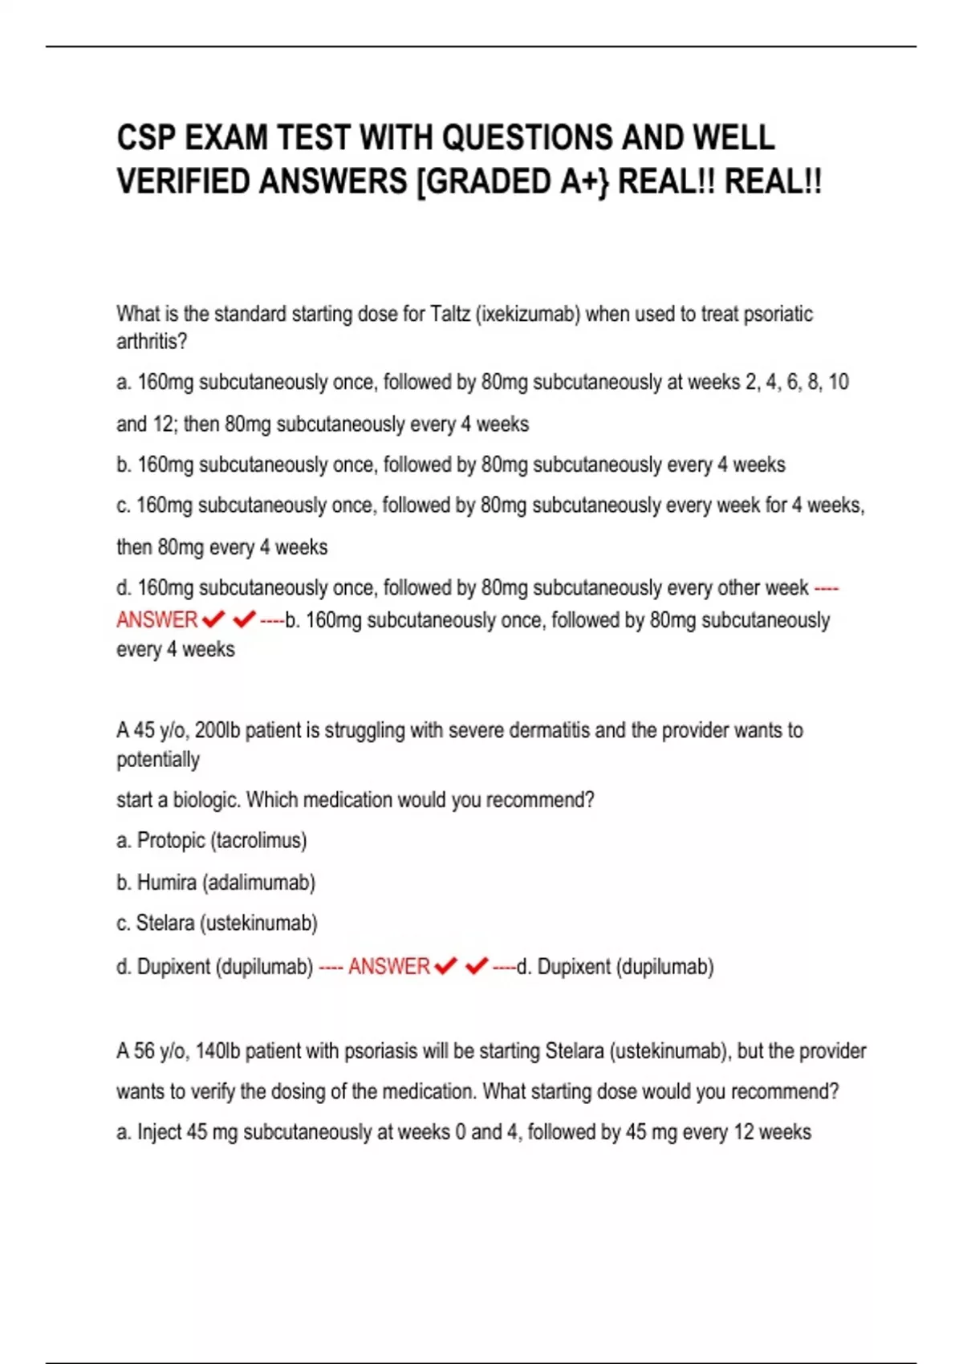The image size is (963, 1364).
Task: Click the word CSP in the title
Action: (x=146, y=138)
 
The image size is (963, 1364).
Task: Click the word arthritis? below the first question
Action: (x=152, y=342)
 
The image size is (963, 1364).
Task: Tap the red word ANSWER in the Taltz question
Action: (x=157, y=620)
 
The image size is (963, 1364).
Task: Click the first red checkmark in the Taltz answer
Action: (x=214, y=619)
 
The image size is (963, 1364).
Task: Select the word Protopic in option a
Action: (x=171, y=841)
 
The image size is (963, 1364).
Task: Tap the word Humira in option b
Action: (x=167, y=883)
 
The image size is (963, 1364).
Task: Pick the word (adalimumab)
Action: (x=259, y=883)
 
